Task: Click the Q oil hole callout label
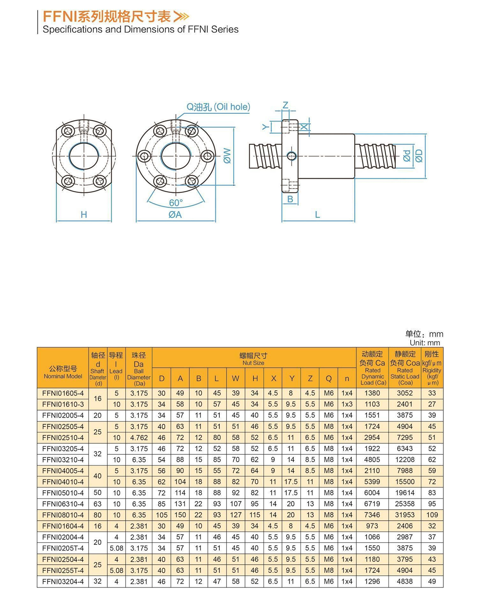[218, 107]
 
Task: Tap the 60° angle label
[176, 203]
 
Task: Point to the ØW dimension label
[227, 156]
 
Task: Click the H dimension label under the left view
[84, 215]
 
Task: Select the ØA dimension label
[175, 215]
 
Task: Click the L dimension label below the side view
[317, 215]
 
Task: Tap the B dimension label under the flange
[290, 199]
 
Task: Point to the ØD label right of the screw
[419, 156]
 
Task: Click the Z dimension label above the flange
[285, 105]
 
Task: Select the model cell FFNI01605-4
[63, 393]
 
